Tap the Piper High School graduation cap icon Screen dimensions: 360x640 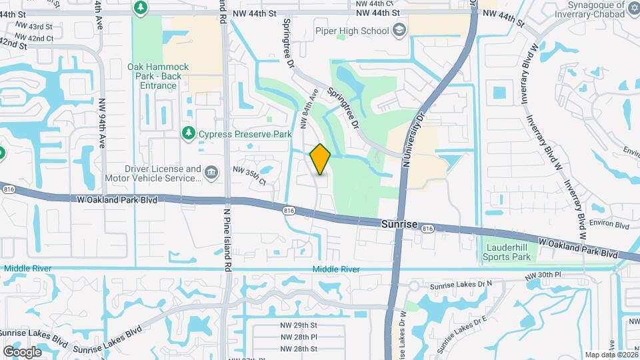pyautogui.click(x=399, y=31)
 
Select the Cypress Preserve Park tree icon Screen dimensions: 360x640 pyautogui.click(x=189, y=134)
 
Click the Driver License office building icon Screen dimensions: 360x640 pyautogui.click(x=211, y=173)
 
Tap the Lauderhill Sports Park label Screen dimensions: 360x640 pyautogui.click(x=507, y=252)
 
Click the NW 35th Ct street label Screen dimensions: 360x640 pyautogui.click(x=249, y=176)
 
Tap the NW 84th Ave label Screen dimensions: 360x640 pyautogui.click(x=308, y=108)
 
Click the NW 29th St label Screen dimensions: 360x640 pyautogui.click(x=298, y=325)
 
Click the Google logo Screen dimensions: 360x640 pyautogui.click(x=23, y=351)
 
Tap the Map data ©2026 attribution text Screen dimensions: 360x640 pyautogui.click(x=611, y=355)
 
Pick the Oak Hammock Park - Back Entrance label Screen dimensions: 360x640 pyautogui.click(x=159, y=76)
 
